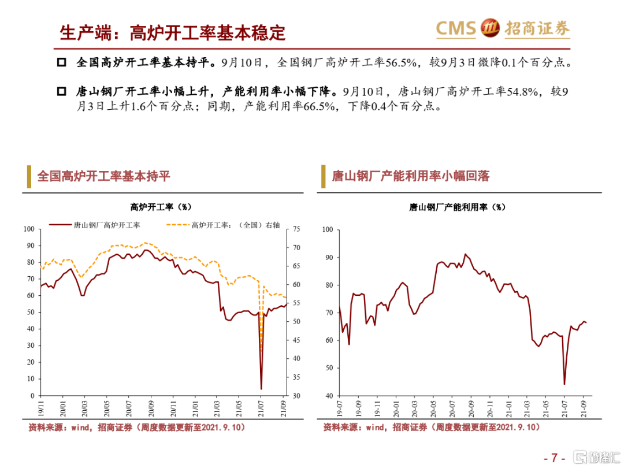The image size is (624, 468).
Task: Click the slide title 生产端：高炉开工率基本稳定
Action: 173,32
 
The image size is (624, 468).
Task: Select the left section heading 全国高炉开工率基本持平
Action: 103,176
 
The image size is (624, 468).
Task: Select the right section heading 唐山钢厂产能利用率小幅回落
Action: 410,176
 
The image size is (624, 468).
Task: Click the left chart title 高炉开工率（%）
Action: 161,206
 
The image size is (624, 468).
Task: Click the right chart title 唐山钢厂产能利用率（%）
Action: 457,206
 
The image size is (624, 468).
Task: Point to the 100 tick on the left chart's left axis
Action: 29,229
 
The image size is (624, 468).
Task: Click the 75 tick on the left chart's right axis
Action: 297,229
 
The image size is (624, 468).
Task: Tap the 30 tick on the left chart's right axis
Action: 297,396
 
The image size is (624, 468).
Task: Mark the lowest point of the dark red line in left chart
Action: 261,388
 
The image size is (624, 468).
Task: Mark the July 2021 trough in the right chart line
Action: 564,384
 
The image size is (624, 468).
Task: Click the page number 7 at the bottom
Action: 554,458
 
